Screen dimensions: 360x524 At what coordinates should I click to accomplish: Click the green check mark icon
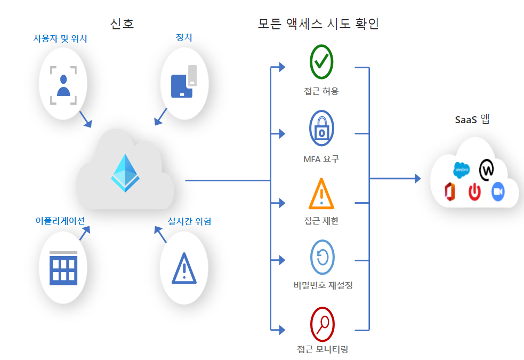[x=321, y=62]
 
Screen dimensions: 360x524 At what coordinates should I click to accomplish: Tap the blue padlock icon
[x=321, y=128]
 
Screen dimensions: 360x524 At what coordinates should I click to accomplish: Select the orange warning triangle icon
[x=321, y=194]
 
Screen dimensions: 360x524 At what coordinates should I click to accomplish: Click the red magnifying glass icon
[x=322, y=323]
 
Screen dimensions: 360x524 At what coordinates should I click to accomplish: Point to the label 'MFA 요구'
[x=321, y=158]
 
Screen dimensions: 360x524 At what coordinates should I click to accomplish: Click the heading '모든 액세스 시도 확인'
[x=318, y=23]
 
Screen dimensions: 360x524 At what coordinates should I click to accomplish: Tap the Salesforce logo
[x=461, y=170]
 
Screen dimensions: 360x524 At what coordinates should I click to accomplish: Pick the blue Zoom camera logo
[x=498, y=191]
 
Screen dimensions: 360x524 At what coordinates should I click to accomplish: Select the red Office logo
[x=451, y=191]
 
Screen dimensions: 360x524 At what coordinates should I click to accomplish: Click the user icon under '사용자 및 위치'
[x=63, y=85]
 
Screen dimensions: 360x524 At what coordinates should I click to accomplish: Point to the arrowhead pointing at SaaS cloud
[x=417, y=179]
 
